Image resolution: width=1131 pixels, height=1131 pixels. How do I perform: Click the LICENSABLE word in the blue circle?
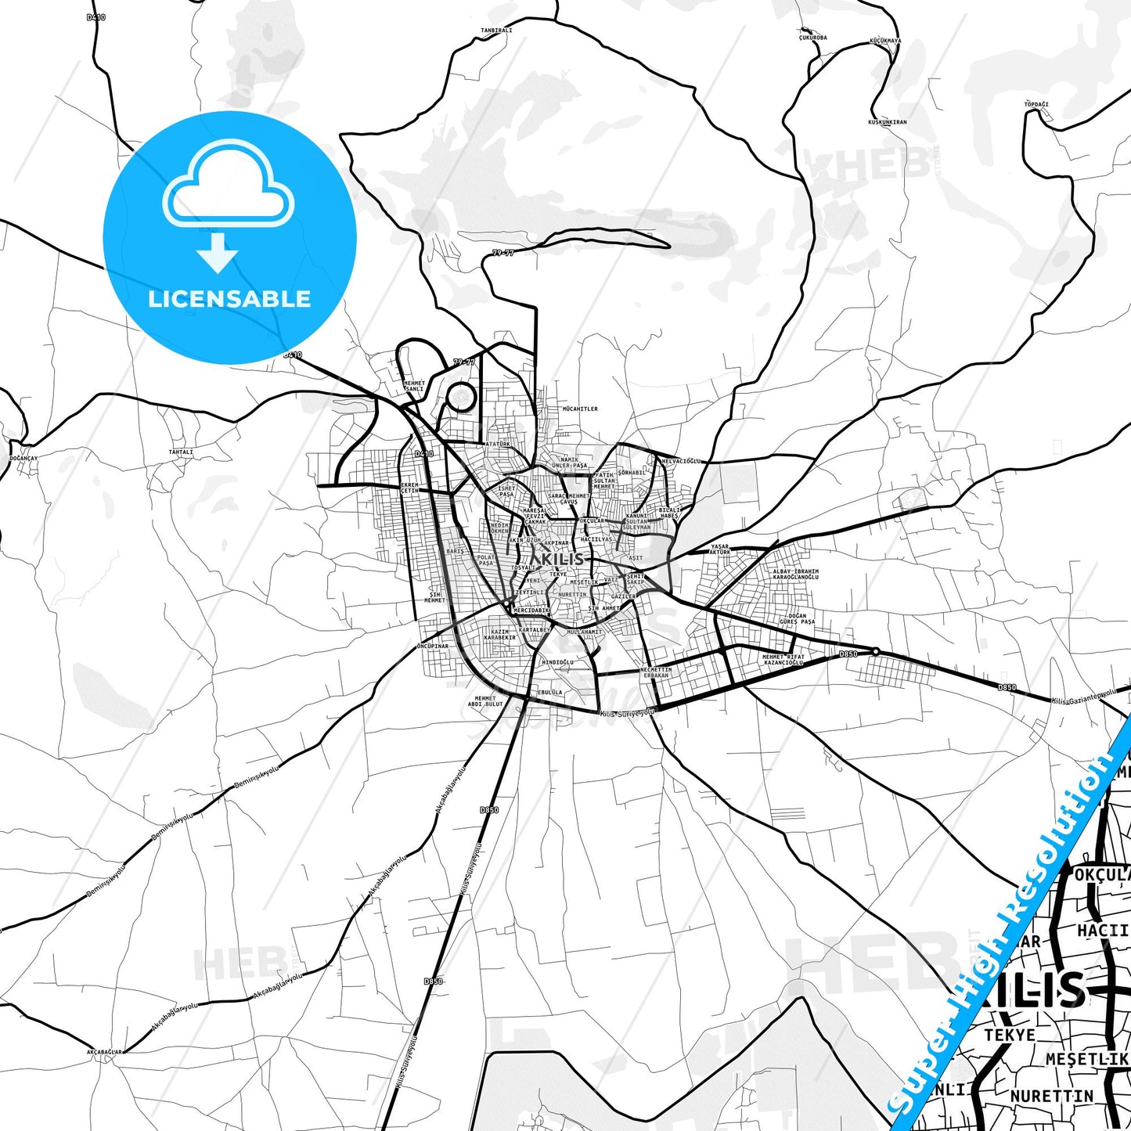click(229, 299)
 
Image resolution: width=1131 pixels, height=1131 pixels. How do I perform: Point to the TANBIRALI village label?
click(496, 31)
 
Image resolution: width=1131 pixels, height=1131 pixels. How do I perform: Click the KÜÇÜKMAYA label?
click(886, 41)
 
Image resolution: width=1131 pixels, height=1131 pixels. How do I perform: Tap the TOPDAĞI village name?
click(1036, 104)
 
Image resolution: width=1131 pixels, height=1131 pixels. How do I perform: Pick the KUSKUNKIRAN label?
click(888, 122)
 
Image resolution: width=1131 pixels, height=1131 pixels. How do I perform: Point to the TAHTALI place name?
click(181, 452)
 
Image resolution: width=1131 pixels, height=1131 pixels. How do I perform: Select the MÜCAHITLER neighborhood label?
click(580, 409)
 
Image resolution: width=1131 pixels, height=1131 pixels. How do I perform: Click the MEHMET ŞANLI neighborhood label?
click(413, 386)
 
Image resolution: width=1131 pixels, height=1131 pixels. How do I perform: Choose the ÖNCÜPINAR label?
click(433, 647)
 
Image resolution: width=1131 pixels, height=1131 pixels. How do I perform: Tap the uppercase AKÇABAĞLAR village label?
click(105, 1052)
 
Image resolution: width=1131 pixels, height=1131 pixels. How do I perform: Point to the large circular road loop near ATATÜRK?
click(460, 397)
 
